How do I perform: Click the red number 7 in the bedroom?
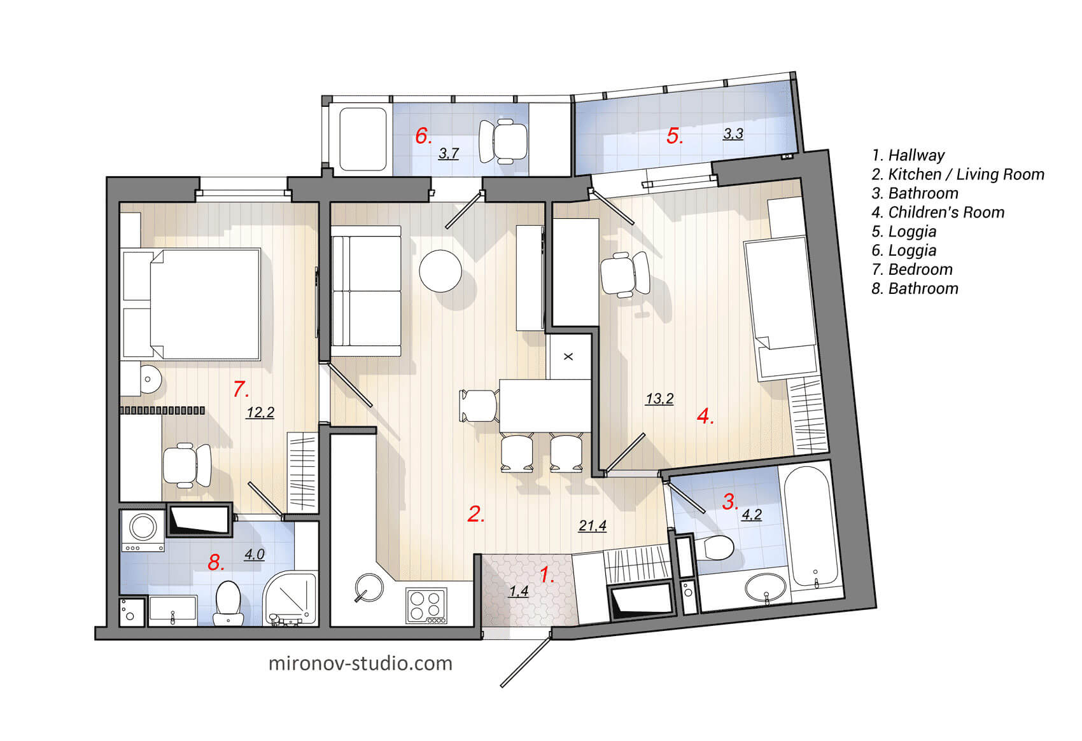point(240,389)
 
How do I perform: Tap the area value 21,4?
point(592,525)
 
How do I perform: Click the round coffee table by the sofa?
point(440,271)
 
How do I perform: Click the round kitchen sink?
point(369,587)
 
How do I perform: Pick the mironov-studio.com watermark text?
point(360,663)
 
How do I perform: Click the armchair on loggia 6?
point(503,141)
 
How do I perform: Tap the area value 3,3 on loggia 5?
point(733,134)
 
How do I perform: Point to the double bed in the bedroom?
point(204,304)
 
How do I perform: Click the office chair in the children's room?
point(625,274)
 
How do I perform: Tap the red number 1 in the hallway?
point(547,574)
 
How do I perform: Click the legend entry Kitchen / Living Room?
point(958,174)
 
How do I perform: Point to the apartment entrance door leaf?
point(526,659)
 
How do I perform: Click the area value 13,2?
point(659,399)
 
